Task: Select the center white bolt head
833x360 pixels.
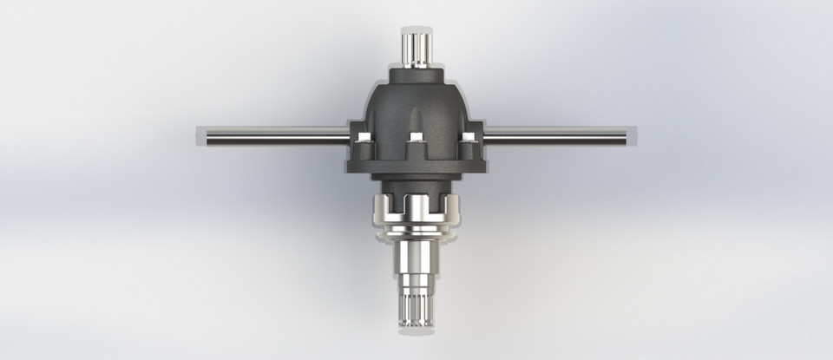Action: point(416,137)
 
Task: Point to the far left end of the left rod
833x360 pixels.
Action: point(200,135)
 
